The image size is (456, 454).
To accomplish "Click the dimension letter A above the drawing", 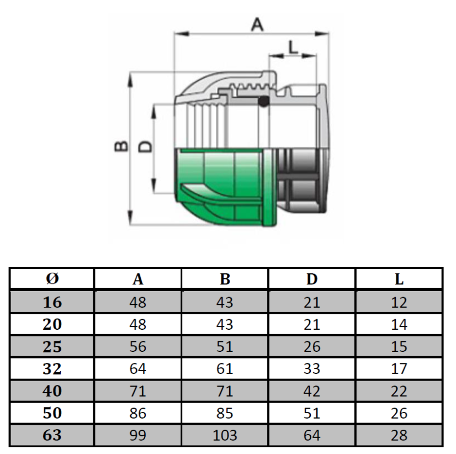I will (x=258, y=24).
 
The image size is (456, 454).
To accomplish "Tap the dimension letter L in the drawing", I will (x=293, y=46).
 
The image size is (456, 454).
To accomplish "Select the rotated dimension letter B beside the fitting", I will (x=121, y=146).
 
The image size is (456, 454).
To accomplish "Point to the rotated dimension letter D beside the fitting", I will (x=145, y=146).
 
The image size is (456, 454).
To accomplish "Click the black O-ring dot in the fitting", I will (x=264, y=102).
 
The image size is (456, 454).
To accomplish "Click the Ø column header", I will (x=52, y=279).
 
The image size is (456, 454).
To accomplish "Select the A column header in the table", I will (x=138, y=279).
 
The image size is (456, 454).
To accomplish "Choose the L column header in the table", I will (x=399, y=279).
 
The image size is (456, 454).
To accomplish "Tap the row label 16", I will (x=52, y=302).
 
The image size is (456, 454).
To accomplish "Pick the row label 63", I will (x=52, y=435).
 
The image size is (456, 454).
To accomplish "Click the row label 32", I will (x=52, y=368).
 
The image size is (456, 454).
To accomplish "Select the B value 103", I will (x=225, y=435).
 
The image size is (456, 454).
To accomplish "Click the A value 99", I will (x=138, y=435).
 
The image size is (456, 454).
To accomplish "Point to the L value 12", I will (x=399, y=303).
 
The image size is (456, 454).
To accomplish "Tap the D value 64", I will (x=312, y=435).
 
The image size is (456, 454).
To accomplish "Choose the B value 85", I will (x=225, y=413).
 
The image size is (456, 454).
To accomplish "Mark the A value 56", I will (x=138, y=347).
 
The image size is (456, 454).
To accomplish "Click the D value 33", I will (x=312, y=369).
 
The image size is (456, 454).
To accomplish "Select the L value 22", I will (x=399, y=391).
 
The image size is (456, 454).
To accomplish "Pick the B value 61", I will (x=225, y=369).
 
